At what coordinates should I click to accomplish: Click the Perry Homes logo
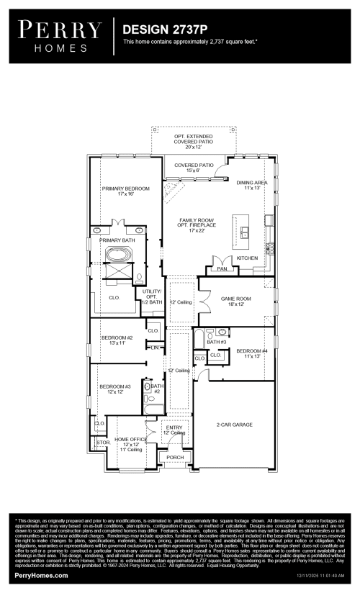pyautogui.click(x=60, y=34)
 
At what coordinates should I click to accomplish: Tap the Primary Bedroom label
pyautogui.click(x=125, y=191)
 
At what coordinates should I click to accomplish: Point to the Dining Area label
pyautogui.click(x=252, y=186)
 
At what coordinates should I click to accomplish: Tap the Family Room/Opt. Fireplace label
pyautogui.click(x=192, y=227)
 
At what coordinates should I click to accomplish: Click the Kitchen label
pyautogui.click(x=247, y=257)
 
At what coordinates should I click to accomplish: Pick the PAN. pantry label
pyautogui.click(x=222, y=268)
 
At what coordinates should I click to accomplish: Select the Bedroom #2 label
pyautogui.click(x=117, y=340)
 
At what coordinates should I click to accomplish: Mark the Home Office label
pyautogui.click(x=130, y=442)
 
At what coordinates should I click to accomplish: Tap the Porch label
pyautogui.click(x=175, y=457)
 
